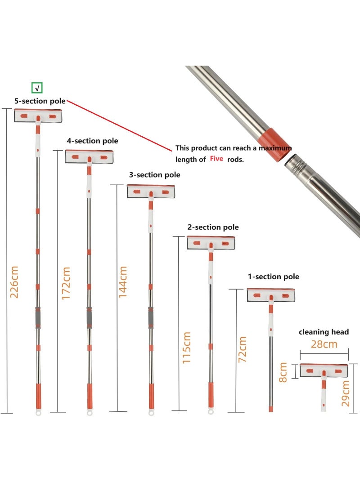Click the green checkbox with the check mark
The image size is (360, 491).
[37, 88]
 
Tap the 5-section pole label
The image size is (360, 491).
[40, 101]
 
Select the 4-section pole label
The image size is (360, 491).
[92, 141]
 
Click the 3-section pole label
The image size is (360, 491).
[154, 174]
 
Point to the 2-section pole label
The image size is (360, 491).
[213, 227]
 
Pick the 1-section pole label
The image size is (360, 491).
[273, 277]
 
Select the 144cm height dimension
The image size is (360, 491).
[123, 281]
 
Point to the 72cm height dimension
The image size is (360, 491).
[242, 349]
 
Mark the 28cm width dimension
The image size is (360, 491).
[324, 344]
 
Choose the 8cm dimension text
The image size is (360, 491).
[283, 372]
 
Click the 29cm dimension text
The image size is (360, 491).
[346, 393]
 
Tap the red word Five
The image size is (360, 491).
[216, 159]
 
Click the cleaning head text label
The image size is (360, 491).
[324, 332]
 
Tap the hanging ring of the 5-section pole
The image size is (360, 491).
[38, 411]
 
